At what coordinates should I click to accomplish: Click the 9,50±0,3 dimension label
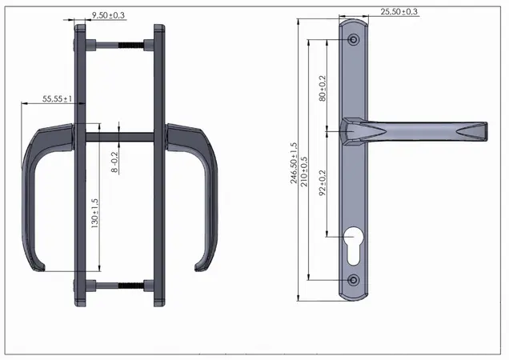(108, 15)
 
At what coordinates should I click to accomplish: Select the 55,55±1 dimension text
(57, 98)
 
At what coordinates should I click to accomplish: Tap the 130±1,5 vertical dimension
(94, 214)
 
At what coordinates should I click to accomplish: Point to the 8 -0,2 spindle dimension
(115, 162)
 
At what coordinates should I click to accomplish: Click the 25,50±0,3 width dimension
(399, 12)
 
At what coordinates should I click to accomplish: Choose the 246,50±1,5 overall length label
(294, 163)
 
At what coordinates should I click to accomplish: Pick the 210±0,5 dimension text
(304, 171)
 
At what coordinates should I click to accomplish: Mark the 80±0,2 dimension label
(323, 88)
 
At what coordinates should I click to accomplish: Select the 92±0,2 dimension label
(323, 182)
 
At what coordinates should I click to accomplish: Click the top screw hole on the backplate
(354, 40)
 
